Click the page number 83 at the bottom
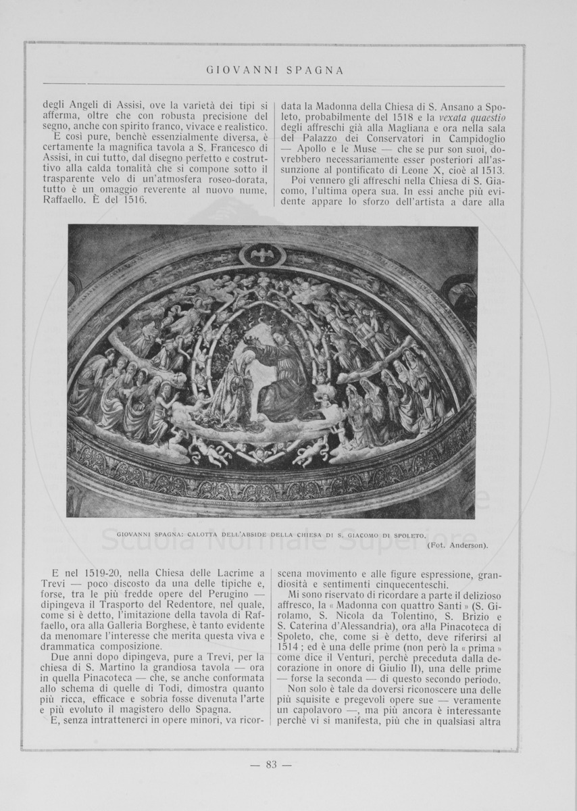pyautogui.click(x=271, y=764)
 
